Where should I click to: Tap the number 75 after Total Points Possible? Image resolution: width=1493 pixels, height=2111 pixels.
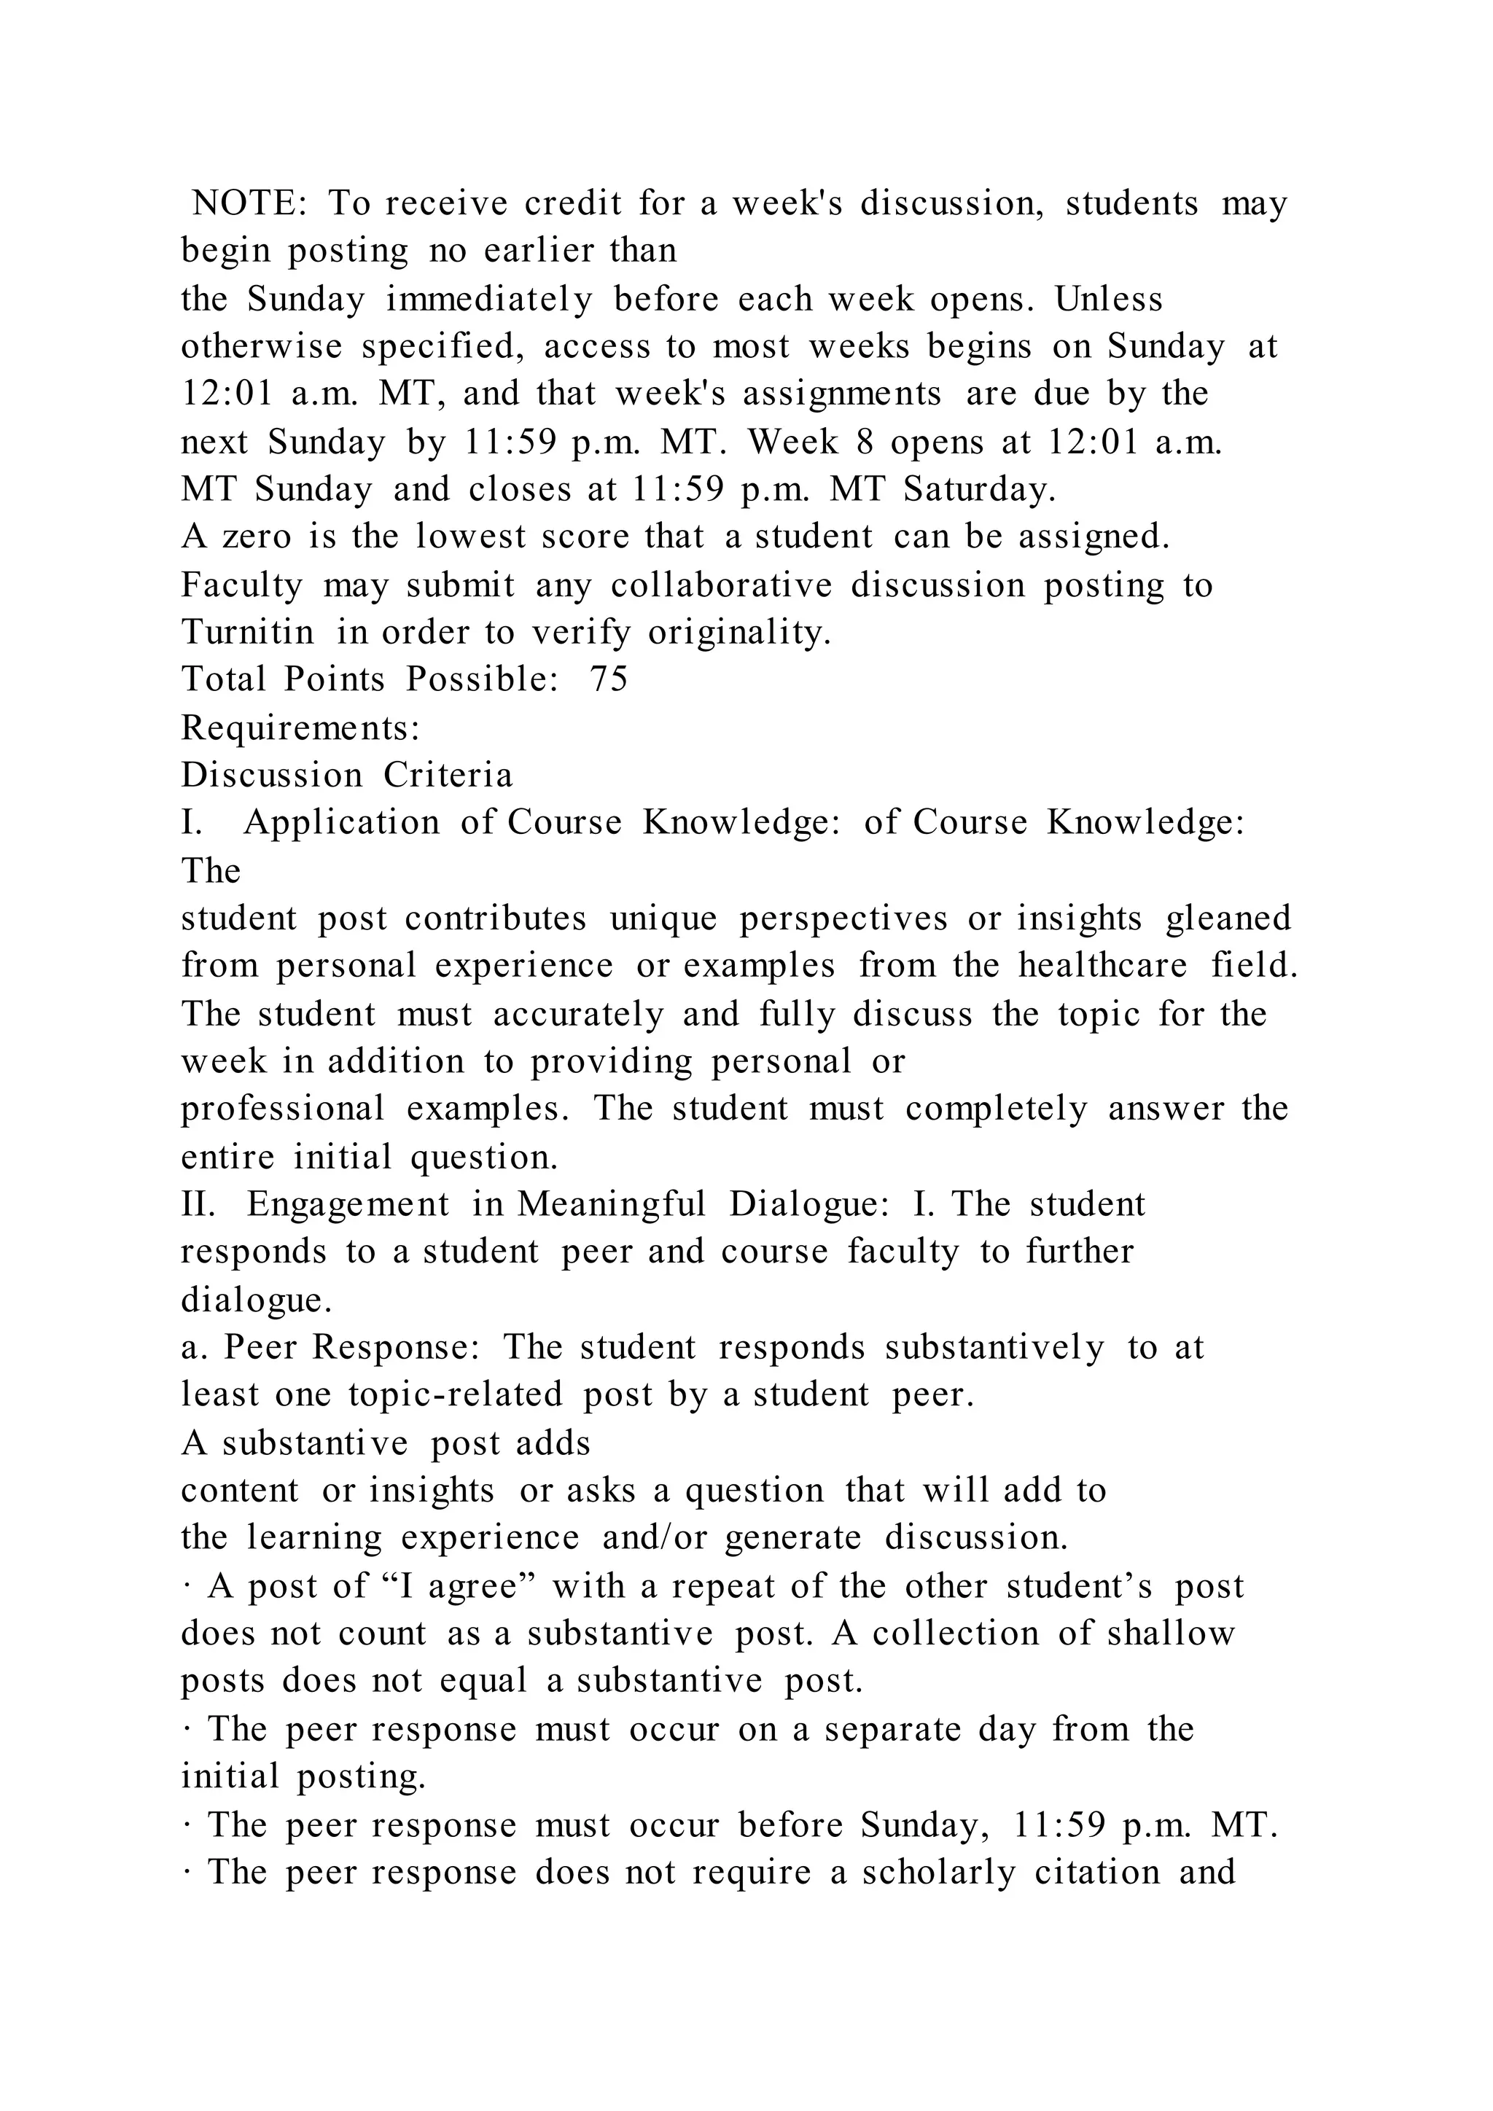tap(609, 679)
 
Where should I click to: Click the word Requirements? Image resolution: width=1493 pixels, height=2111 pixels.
tap(300, 727)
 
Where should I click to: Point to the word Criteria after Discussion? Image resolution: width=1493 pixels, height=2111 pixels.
tap(448, 775)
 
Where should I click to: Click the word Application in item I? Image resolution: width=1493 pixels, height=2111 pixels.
tap(342, 823)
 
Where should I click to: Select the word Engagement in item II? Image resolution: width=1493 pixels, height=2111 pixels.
tap(348, 1204)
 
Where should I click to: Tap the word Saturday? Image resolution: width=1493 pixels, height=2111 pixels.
tap(980, 489)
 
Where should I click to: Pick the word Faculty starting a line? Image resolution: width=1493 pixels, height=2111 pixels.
tap(242, 585)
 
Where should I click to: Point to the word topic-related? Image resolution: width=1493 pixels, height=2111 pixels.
tap(455, 1394)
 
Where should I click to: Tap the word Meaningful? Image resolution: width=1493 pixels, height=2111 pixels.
tap(612, 1204)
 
